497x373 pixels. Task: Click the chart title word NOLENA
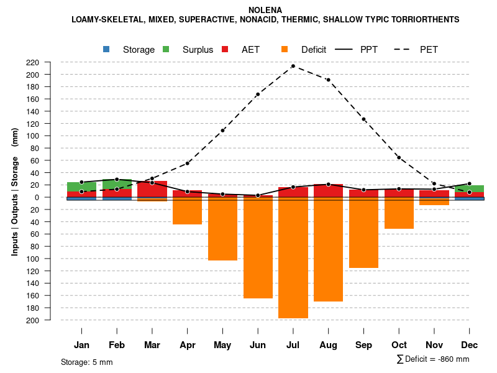pos(265,10)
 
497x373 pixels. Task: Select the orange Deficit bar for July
pos(293,257)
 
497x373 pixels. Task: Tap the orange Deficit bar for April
pos(187,211)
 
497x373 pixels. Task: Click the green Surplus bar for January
pos(81,186)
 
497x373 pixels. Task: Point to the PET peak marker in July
pos(293,66)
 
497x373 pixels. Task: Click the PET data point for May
pos(222,131)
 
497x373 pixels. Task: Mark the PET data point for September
pos(363,119)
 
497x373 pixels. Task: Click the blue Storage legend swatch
pos(106,49)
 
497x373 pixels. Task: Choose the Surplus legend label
pos(198,50)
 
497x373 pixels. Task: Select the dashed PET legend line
pos(403,49)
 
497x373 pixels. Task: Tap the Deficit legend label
pos(314,50)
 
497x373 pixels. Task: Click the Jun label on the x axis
pos(258,345)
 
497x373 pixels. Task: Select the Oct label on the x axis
pos(399,345)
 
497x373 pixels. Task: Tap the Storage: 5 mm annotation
pos(87,362)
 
